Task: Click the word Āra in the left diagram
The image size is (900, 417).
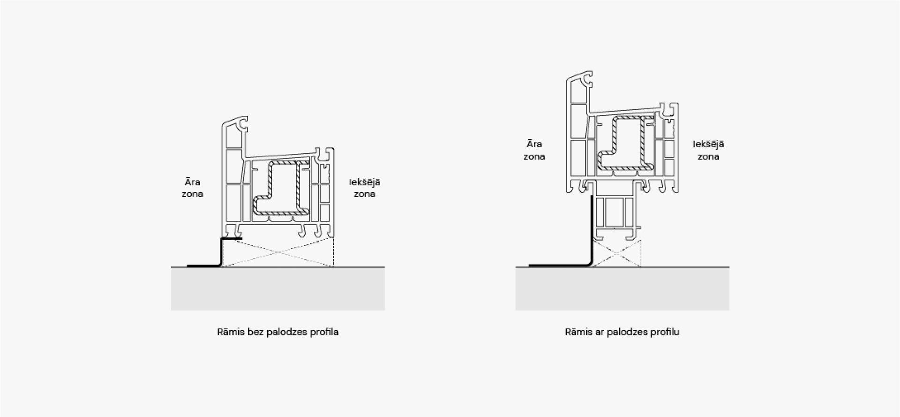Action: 192,182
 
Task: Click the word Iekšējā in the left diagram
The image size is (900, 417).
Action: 365,182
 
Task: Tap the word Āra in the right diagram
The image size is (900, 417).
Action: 534,144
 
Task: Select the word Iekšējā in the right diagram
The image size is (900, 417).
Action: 708,144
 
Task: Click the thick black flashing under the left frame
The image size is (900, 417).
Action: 220,253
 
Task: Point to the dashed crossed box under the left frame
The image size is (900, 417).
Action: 277,252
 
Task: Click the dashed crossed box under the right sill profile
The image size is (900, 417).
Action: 616,254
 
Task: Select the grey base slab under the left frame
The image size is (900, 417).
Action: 278,288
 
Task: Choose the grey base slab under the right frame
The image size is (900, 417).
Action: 622,288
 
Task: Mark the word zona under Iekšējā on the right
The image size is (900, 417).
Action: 708,157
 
